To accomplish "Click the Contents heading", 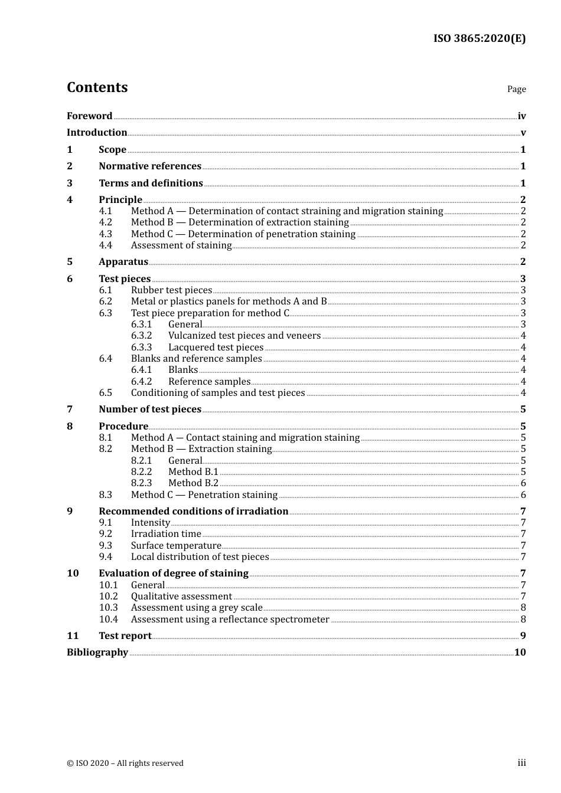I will [97, 87].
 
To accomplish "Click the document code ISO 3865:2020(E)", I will [479, 38].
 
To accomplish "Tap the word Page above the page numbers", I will [516, 89].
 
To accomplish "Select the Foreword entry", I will [89, 116].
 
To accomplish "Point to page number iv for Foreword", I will [521, 116].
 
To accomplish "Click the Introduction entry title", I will [97, 133].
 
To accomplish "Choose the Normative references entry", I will [150, 166].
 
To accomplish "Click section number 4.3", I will [105, 234].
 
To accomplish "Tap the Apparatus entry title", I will [123, 262].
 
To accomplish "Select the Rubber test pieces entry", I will [171, 290].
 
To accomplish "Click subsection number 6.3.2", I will [141, 336].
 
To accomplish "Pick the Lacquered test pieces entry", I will [216, 348].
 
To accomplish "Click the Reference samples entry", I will [209, 382].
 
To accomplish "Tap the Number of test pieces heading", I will [150, 409].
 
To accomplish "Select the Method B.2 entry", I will [193, 483].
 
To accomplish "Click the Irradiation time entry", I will [166, 534].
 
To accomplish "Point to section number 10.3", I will [108, 608].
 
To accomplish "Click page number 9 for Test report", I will [523, 636].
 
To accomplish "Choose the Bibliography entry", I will [97, 653].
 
